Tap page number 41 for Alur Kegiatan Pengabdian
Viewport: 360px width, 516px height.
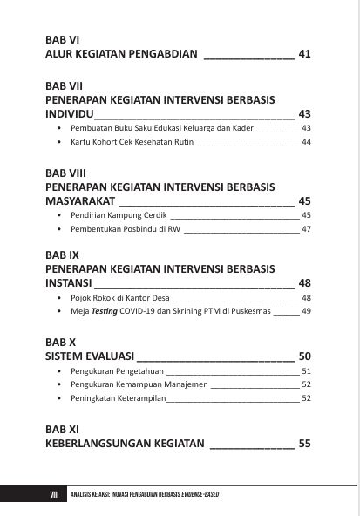pos(304,55)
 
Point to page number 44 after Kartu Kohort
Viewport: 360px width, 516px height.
pos(306,142)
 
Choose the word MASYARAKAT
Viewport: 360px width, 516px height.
pos(84,201)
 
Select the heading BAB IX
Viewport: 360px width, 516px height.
pos(63,255)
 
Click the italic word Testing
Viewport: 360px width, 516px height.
pos(107,311)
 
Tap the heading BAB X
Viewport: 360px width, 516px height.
pos(60,343)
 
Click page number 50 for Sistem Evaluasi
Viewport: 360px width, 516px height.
pos(305,356)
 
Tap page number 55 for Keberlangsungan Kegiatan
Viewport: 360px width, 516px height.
pos(305,444)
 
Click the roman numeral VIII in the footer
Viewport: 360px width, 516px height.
pos(54,495)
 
